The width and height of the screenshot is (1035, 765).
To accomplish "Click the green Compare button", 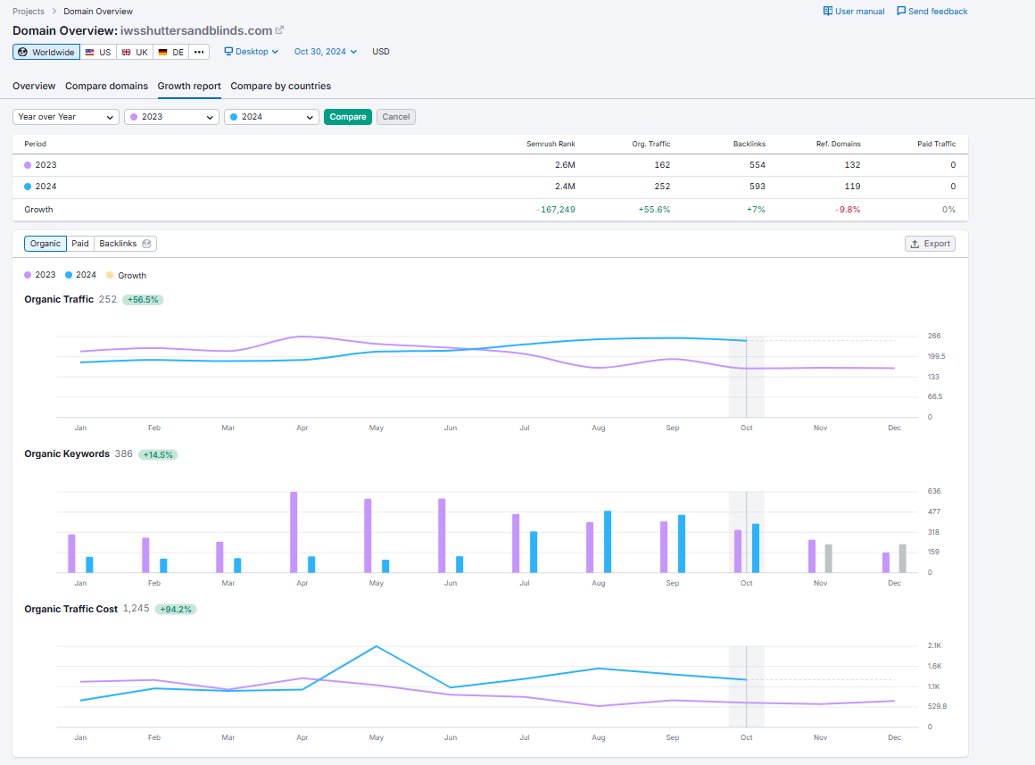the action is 348,117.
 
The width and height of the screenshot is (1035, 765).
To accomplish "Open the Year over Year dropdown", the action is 65,117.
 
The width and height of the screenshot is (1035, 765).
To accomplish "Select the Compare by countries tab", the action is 280,86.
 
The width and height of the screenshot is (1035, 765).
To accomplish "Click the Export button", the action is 930,244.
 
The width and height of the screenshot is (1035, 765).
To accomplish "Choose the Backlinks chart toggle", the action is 125,244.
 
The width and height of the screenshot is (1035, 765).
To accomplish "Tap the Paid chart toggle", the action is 80,244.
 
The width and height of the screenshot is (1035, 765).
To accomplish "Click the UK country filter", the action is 136,52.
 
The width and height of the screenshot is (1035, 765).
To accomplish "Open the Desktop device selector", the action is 252,52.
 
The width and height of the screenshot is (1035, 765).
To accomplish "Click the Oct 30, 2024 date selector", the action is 326,52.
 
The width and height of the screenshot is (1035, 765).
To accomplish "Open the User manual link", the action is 854,12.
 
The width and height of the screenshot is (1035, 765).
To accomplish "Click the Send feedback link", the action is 932,12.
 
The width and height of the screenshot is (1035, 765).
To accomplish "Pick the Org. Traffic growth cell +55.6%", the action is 654,210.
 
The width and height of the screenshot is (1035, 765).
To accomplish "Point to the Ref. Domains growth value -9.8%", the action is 849,210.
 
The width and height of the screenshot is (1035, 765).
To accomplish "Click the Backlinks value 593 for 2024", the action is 758,187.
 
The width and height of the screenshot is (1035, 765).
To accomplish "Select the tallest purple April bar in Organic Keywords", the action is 294,532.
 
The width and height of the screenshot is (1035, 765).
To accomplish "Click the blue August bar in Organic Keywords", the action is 608,542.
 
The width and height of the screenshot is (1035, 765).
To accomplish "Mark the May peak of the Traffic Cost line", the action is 377,646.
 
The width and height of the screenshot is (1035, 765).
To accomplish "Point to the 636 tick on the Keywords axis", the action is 934,492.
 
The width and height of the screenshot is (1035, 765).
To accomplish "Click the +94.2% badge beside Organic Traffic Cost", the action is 176,609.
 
